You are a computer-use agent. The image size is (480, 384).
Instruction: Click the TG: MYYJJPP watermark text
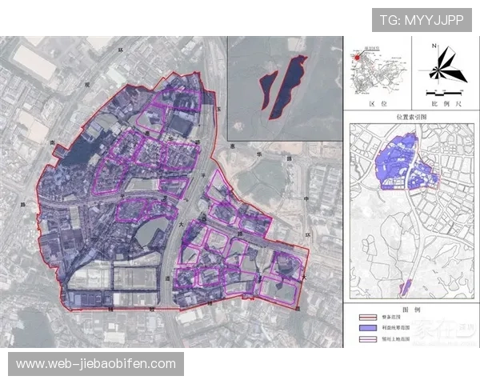(422, 19)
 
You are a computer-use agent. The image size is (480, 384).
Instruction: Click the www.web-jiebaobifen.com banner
(96, 364)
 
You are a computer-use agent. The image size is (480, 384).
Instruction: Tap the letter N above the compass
(434, 46)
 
